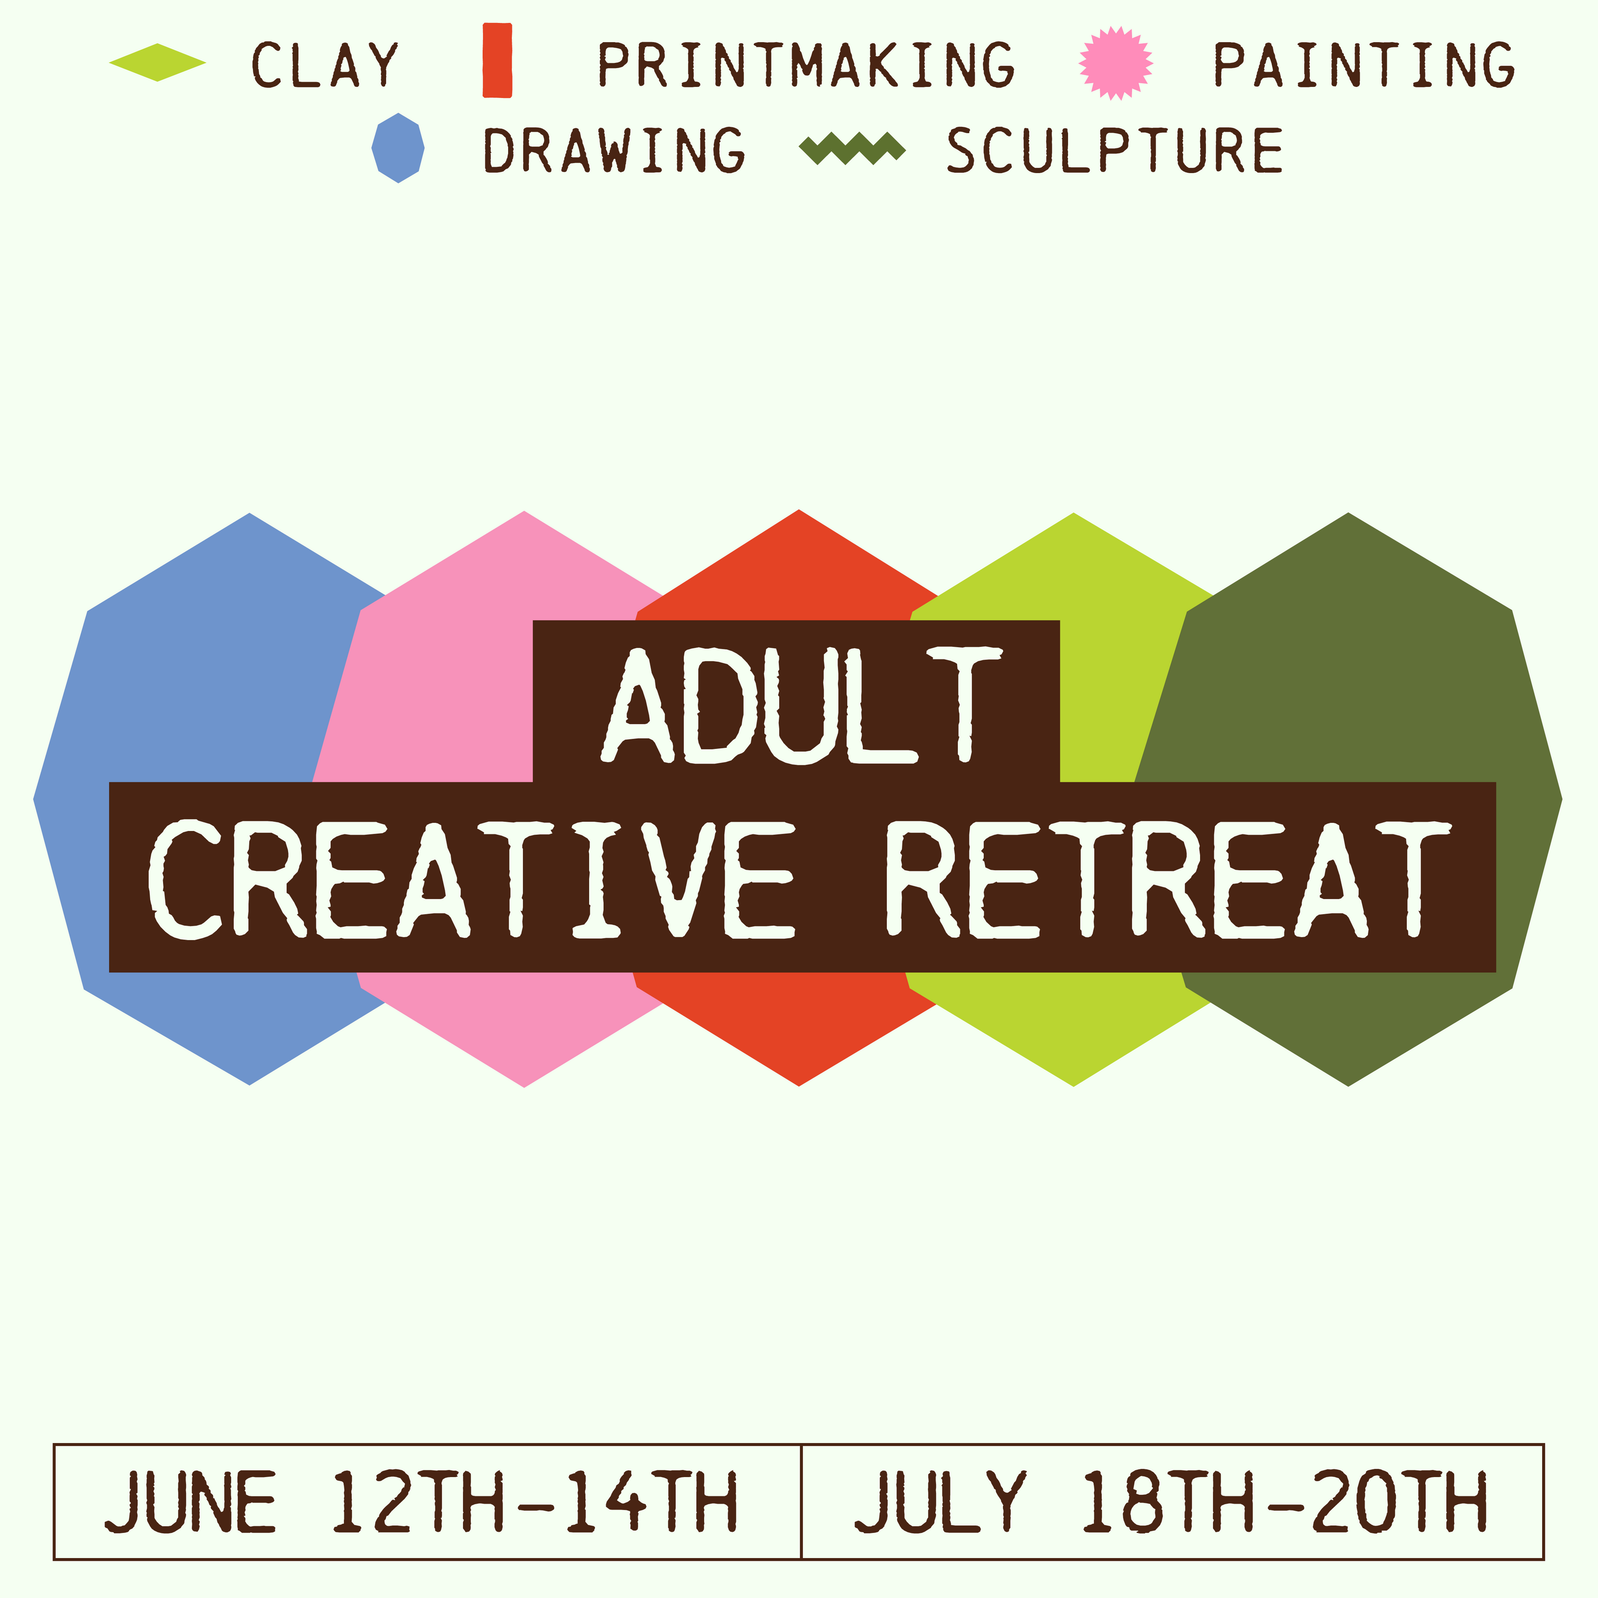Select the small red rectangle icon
(x=497, y=60)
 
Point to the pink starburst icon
(x=1116, y=63)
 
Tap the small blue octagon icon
(x=398, y=148)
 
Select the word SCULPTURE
(x=1114, y=151)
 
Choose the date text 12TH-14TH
(x=534, y=1502)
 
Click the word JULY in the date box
(x=940, y=1502)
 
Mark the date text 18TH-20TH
(x=1284, y=1502)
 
